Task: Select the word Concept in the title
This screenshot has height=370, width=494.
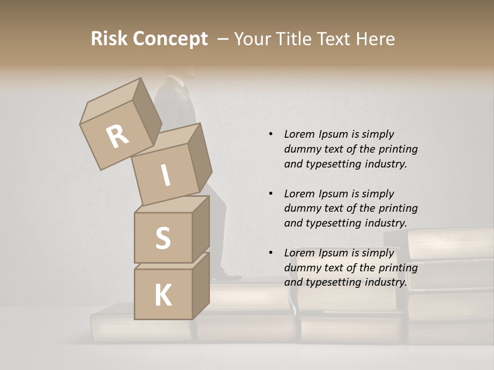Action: click(169, 40)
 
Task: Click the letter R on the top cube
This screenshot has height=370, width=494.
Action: click(117, 137)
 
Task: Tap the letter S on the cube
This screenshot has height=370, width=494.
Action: click(163, 238)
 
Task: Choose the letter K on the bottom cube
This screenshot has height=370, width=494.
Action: click(163, 295)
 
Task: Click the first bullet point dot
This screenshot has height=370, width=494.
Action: click(271, 134)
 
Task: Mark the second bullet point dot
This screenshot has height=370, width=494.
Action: click(271, 194)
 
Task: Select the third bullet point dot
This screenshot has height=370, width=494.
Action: click(271, 253)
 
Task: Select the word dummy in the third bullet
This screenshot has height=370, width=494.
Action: click(302, 268)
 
